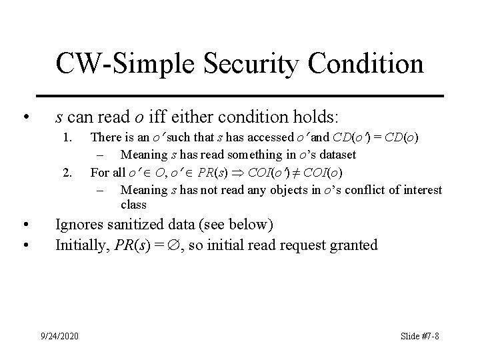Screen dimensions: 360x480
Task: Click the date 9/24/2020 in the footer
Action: tap(60, 335)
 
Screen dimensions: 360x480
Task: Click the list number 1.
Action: tap(67, 138)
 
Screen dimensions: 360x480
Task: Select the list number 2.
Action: tap(67, 173)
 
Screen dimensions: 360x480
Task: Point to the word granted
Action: tap(353, 245)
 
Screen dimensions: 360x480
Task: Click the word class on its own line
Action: tap(133, 206)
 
